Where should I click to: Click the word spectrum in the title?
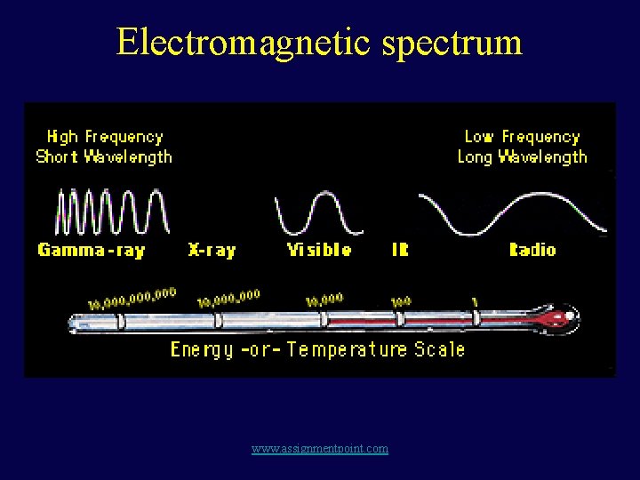point(452,43)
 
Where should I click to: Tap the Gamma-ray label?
point(91,251)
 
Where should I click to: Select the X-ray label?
point(212,251)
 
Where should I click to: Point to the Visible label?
point(319,251)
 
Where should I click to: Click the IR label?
point(400,251)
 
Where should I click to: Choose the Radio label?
point(532,251)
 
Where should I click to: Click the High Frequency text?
point(105,137)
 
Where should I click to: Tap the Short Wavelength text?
point(104,157)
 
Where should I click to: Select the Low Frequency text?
point(522,137)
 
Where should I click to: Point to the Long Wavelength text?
point(522,157)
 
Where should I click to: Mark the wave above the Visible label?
point(318,214)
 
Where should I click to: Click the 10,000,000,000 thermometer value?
point(132,299)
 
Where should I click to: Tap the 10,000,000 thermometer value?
point(228,299)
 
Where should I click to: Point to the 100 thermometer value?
point(401,301)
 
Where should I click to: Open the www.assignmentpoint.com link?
point(320,449)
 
